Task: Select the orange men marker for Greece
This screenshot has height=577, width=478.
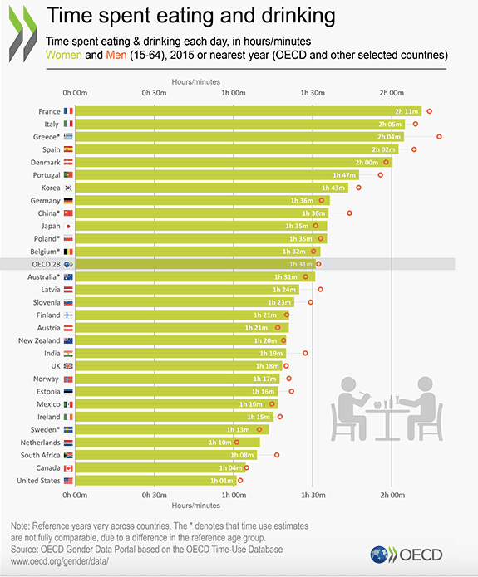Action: point(439,136)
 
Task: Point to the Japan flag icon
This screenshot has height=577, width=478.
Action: point(68,226)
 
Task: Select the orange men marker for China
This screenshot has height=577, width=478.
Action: point(349,213)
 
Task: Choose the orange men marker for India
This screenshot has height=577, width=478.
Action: point(305,353)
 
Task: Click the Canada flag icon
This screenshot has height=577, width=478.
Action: point(68,468)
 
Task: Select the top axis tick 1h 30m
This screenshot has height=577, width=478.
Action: point(313,92)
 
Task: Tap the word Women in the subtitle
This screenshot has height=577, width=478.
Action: point(69,55)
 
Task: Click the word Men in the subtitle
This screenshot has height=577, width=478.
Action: point(117,55)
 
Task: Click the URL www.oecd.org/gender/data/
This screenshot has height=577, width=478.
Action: point(60,562)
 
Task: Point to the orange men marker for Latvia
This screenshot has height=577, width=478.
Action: point(320,290)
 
